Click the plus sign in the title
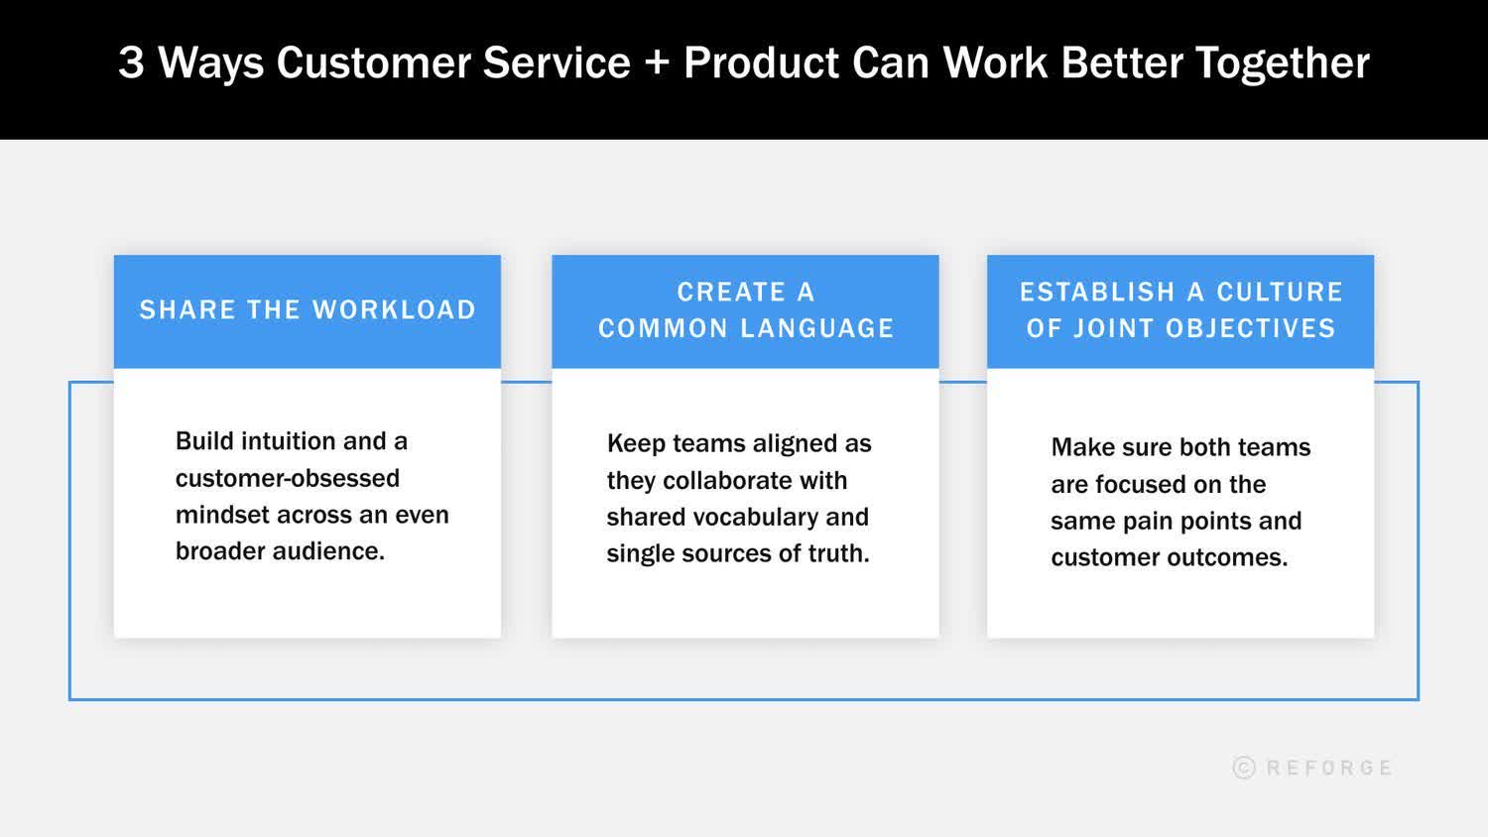tap(657, 63)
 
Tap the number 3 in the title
tap(131, 62)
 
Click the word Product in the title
tap(762, 62)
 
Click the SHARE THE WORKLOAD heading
tap(308, 310)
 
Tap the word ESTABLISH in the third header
tap(1097, 293)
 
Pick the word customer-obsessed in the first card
tap(288, 478)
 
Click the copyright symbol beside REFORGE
tap(1244, 768)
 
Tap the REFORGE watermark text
tap(1329, 768)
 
